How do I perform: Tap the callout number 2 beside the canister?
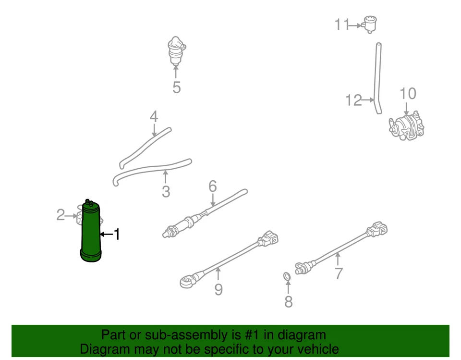point(61,215)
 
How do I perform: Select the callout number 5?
point(176,88)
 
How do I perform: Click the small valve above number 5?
point(176,51)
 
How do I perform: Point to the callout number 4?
point(154,116)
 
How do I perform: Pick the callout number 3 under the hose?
point(166,192)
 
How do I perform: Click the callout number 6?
point(213,186)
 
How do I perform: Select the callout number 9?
point(218,289)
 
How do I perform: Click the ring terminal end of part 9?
point(186,281)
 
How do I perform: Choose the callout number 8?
point(288,302)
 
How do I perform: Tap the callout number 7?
point(339,273)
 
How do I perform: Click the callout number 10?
point(408,93)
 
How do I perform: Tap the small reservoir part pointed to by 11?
point(370,24)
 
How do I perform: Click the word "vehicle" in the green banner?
point(315,349)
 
